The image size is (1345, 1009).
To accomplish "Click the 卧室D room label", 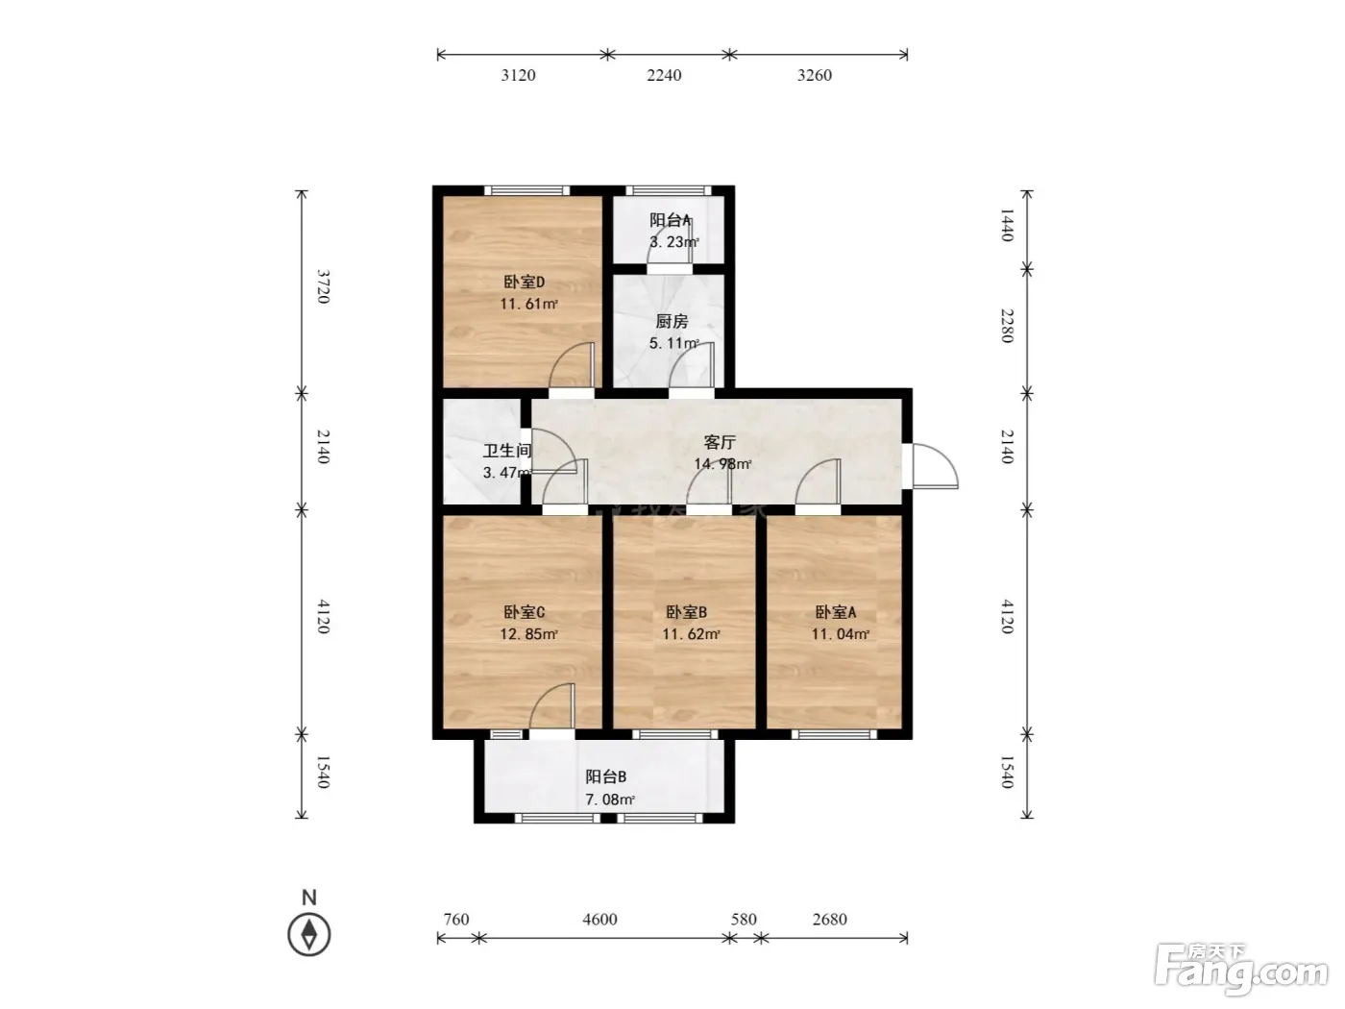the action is [524, 282].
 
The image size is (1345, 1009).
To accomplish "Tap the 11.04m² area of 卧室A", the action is [840, 634].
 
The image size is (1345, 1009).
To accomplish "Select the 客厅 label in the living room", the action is [720, 442].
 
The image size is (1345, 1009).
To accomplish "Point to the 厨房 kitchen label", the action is [672, 321].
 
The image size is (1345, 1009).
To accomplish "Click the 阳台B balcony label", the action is [605, 776].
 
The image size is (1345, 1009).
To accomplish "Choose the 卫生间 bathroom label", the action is [506, 451].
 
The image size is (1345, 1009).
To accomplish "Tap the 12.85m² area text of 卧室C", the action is [528, 634].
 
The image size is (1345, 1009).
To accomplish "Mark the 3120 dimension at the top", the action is [518, 75].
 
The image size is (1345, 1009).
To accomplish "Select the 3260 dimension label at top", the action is [815, 75].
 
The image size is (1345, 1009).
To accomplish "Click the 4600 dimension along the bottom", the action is [599, 919].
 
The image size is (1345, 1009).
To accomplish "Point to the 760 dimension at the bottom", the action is [456, 919].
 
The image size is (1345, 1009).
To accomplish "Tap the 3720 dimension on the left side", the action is [324, 286].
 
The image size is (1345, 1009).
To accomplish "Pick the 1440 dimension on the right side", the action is [1007, 225].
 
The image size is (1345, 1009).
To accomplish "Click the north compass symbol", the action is [308, 935].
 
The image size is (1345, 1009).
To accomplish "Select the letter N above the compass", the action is [308, 898].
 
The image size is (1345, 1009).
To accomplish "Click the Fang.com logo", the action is [1240, 969].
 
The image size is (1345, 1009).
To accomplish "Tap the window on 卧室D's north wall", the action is [527, 190].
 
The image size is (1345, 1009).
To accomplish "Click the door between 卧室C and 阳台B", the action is [552, 711].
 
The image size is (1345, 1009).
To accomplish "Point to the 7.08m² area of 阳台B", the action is [610, 799].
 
